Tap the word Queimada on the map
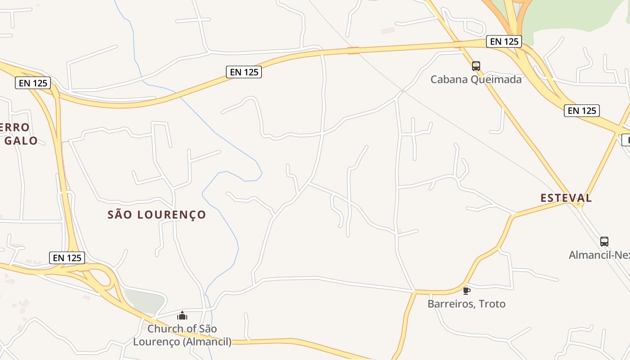click(497, 80)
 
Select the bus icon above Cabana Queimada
click(476, 66)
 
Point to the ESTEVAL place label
click(566, 198)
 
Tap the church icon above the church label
click(182, 315)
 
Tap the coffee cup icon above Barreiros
click(467, 291)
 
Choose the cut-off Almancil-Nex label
click(599, 255)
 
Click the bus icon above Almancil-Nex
click(604, 242)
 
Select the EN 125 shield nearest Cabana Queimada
click(504, 41)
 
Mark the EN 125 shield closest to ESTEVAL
click(582, 111)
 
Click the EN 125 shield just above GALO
click(33, 83)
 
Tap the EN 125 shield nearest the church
click(67, 258)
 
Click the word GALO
click(21, 141)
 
